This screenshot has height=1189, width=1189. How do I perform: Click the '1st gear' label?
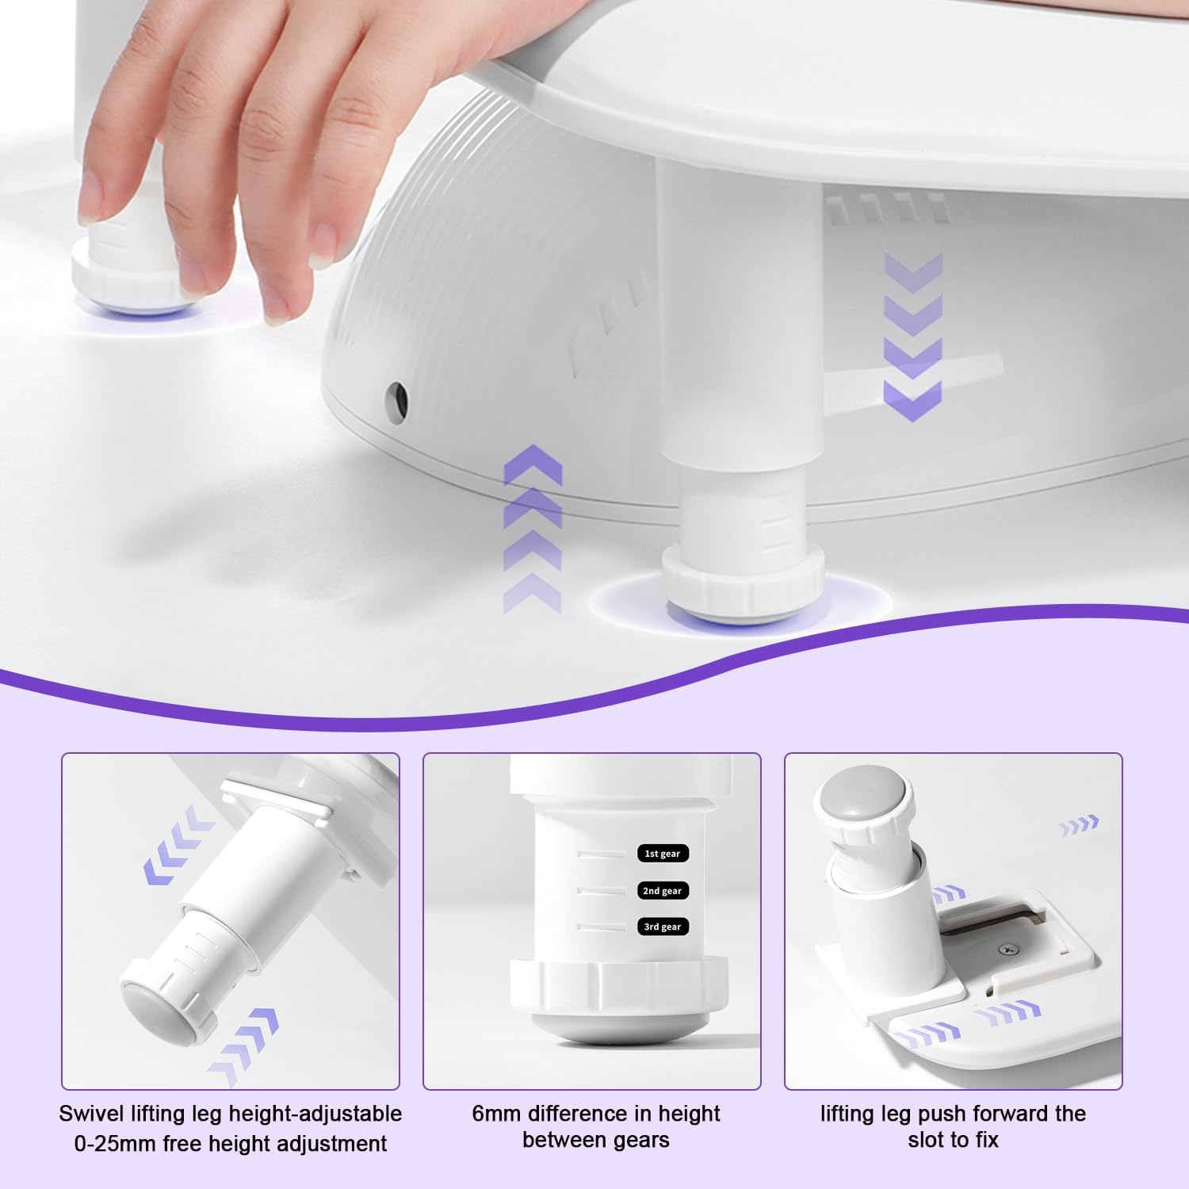pyautogui.click(x=662, y=854)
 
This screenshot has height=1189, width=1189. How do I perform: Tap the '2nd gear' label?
pyautogui.click(x=662, y=891)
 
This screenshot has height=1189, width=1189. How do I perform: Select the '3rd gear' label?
pyautogui.click(x=662, y=927)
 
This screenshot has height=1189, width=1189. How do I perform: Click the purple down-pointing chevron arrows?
pyautogui.click(x=912, y=337)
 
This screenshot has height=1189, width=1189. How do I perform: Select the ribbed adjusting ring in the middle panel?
pyautogui.click(x=618, y=985)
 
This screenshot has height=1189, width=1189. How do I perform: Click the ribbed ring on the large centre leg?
pyautogui.click(x=742, y=582)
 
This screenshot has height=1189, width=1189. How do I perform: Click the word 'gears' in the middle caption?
pyautogui.click(x=637, y=1140)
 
